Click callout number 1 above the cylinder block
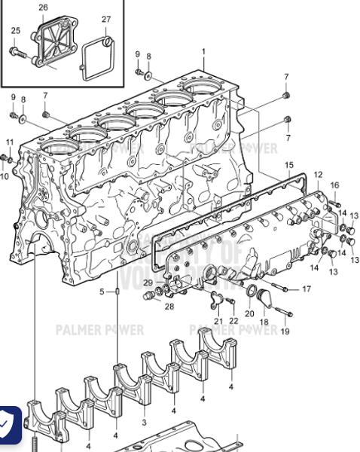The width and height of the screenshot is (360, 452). (x=203, y=51)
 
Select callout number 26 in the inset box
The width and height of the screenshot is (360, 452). (x=43, y=8)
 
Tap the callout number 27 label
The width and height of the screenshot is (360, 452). (x=106, y=19)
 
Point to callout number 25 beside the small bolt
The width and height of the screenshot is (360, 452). (x=15, y=30)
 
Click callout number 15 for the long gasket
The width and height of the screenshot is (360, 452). (x=289, y=163)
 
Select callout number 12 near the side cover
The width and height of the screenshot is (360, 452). (x=318, y=175)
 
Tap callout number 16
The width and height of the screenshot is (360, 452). (x=334, y=185)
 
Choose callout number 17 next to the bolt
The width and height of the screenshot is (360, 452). (x=307, y=289)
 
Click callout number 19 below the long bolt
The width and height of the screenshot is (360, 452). (x=284, y=331)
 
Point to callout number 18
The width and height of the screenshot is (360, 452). (x=264, y=322)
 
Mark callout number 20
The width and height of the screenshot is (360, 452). (x=249, y=313)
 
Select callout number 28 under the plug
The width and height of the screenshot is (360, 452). (x=169, y=307)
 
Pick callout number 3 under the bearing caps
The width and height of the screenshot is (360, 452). (x=144, y=423)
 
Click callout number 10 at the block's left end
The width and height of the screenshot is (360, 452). (x=5, y=176)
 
